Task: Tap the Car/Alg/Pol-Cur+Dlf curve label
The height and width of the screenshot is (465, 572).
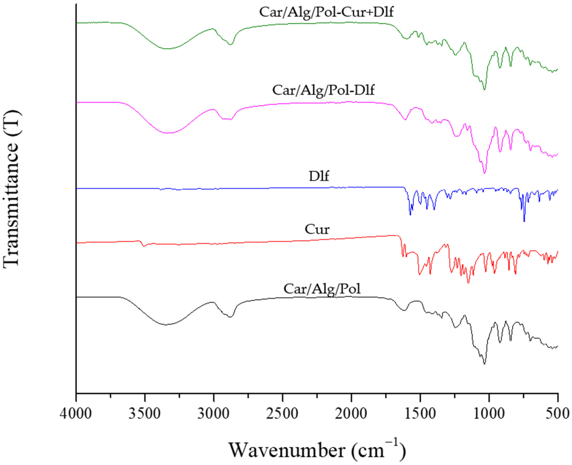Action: click(x=326, y=12)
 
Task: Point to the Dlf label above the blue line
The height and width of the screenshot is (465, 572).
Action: click(x=319, y=176)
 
